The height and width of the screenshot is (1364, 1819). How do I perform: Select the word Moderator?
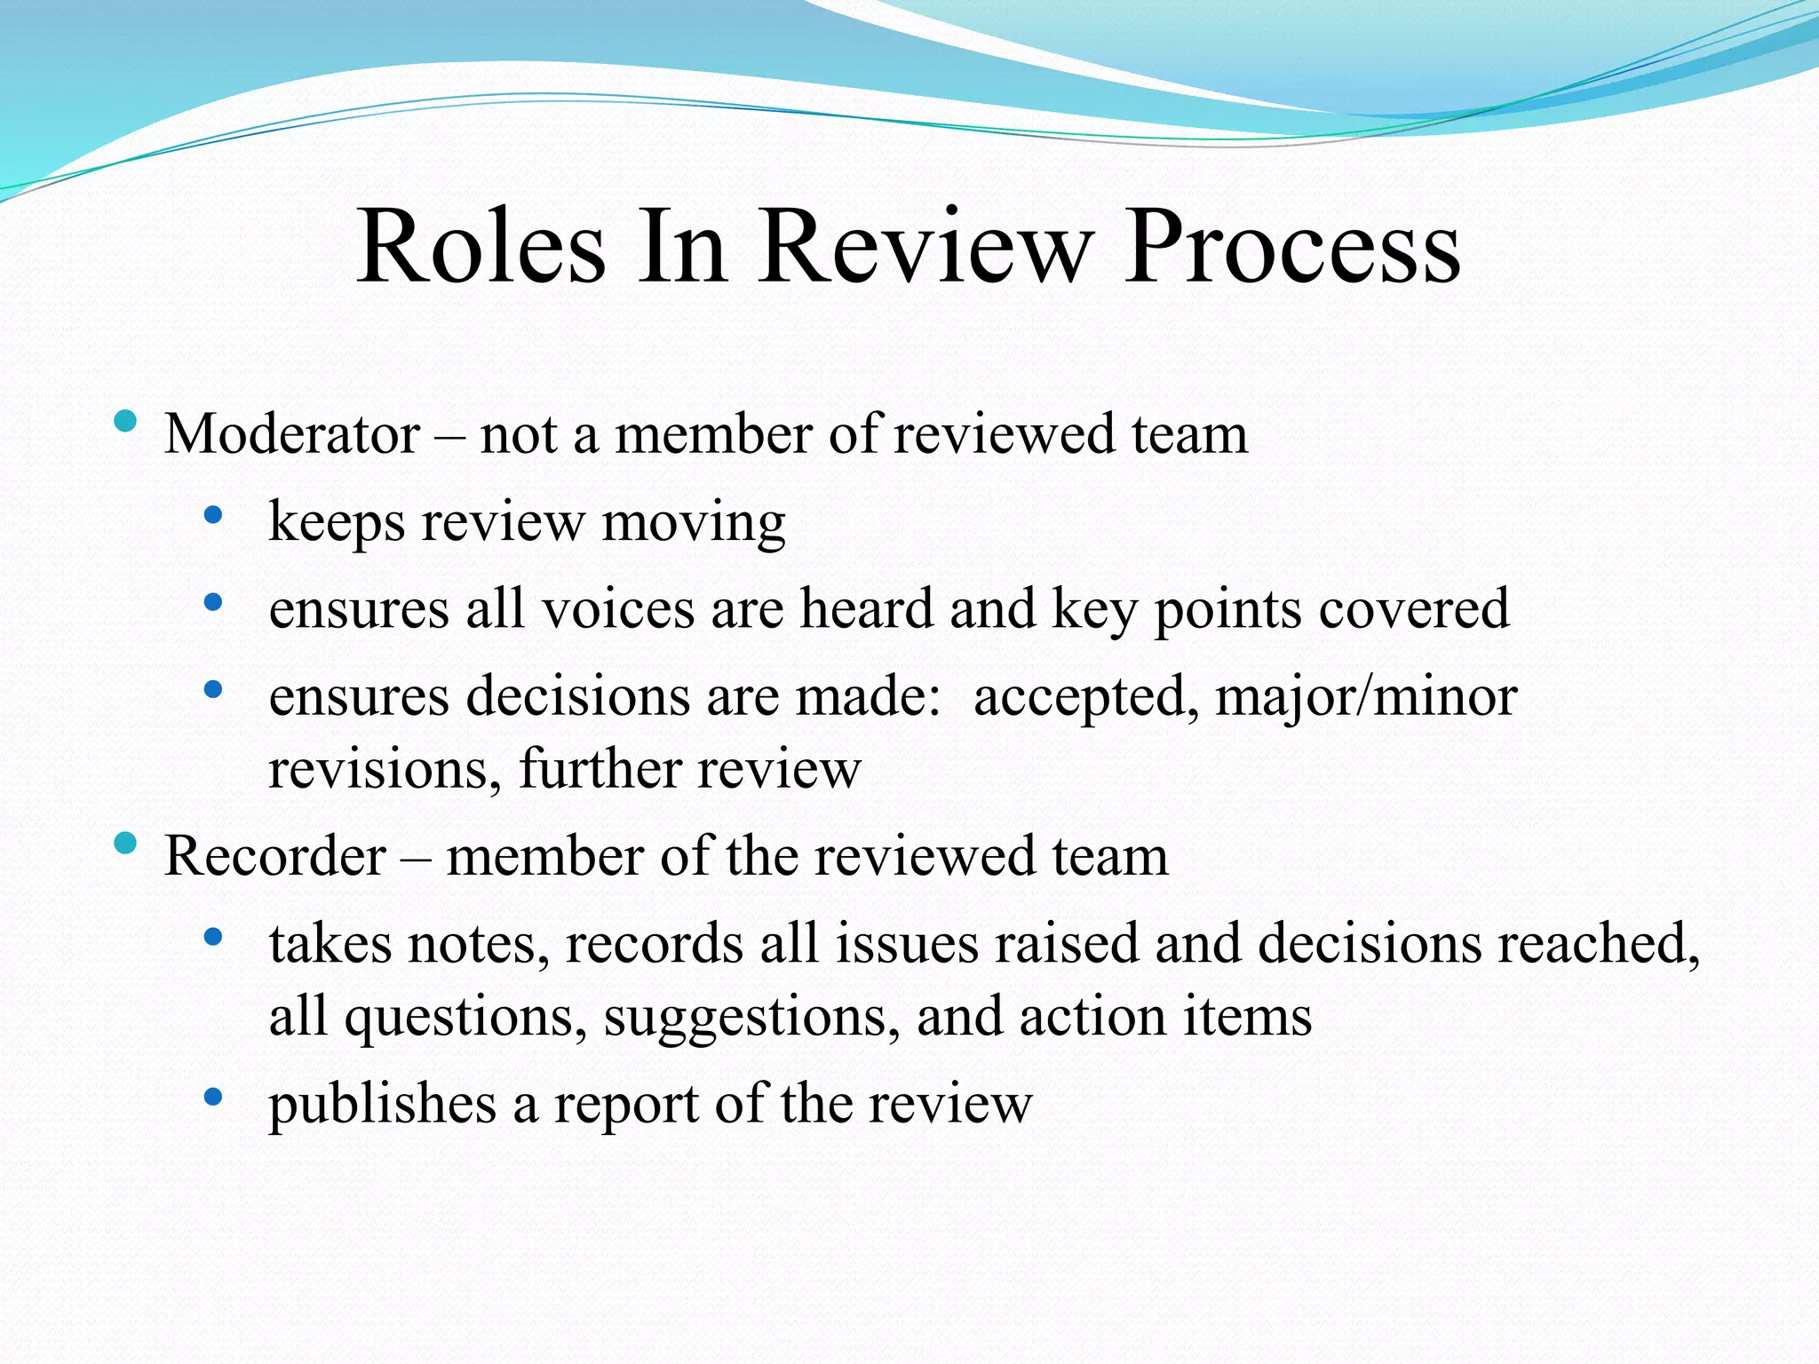point(292,434)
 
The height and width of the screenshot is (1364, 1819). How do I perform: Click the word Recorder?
point(275,856)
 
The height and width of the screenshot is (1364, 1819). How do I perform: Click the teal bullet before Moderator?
point(126,421)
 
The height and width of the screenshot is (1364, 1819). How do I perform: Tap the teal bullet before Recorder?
point(126,843)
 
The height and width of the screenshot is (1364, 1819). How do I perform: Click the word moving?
point(694,522)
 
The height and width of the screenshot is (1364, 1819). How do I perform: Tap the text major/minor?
point(1366,697)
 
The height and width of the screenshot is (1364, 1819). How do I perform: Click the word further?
point(600,769)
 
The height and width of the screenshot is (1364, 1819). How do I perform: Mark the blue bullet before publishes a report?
point(212,1098)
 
